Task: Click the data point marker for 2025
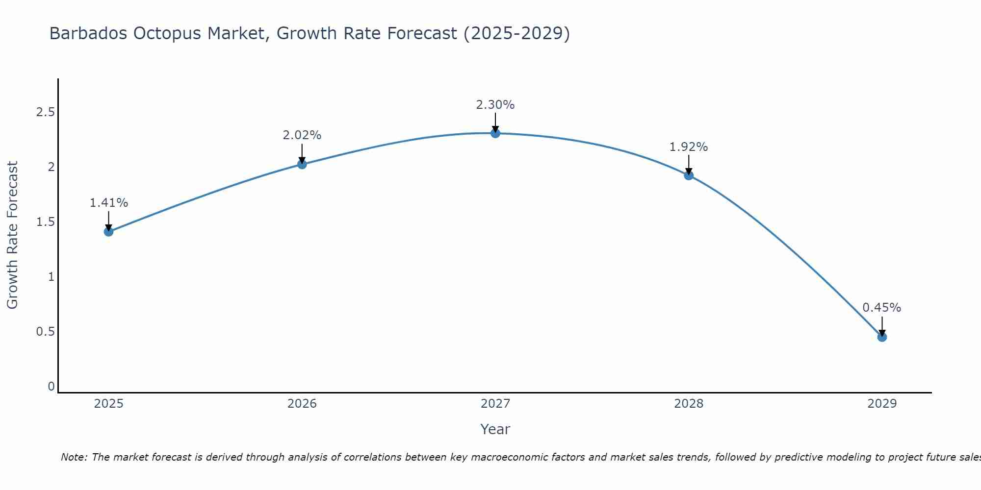[108, 232]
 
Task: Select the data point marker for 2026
[302, 164]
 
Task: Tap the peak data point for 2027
[495, 133]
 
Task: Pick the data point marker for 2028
[689, 175]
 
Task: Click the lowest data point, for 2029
[882, 337]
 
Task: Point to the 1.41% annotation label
[108, 203]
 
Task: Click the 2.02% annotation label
[302, 135]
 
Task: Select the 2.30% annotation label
[495, 105]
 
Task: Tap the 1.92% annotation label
[689, 147]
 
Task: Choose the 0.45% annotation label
[882, 308]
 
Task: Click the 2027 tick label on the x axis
[495, 404]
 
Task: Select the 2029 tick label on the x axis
[882, 404]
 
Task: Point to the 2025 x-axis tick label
[108, 404]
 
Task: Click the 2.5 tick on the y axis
[45, 112]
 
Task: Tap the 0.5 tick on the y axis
[45, 332]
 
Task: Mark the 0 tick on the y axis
[51, 387]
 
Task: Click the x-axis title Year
[495, 429]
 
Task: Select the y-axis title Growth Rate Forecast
[13, 235]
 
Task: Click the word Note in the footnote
[73, 457]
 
